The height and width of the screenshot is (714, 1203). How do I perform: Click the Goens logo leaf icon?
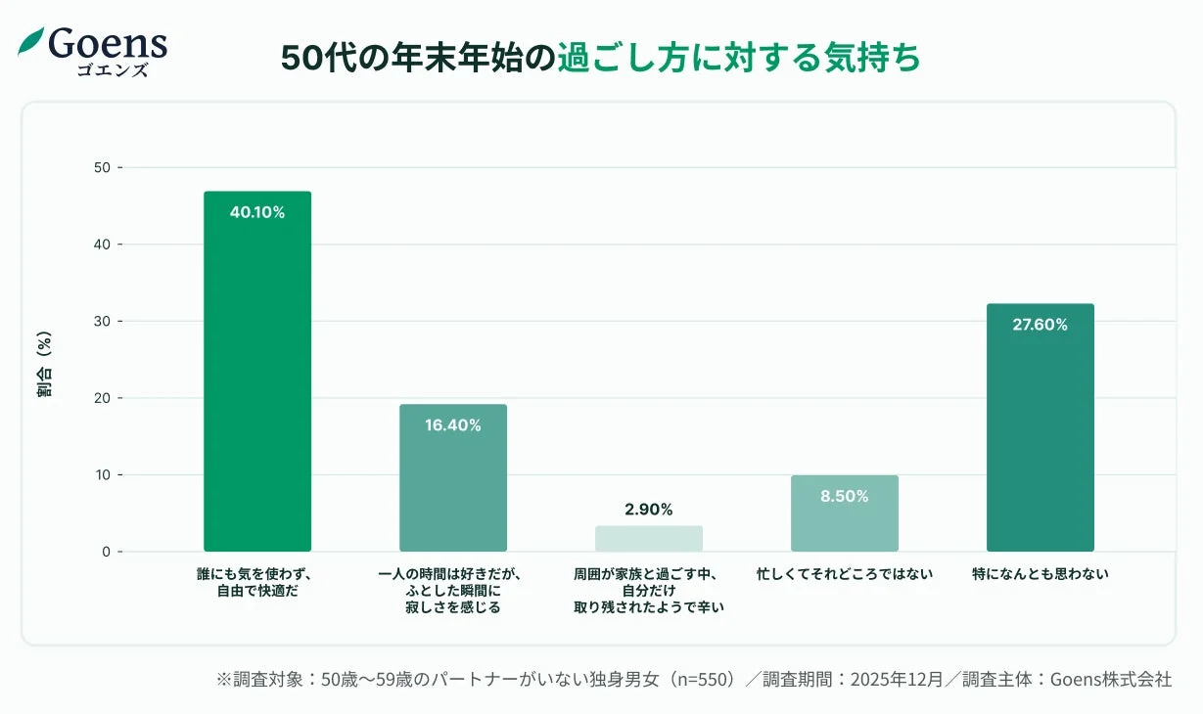coord(32,41)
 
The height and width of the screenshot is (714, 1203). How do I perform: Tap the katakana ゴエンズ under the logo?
coord(113,70)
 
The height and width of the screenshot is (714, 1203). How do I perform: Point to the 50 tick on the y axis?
coord(102,168)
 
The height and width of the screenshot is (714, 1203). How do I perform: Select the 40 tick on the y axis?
coord(102,245)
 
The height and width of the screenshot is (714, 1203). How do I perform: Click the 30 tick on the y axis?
coord(102,322)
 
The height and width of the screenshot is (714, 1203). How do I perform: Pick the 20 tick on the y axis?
coord(102,398)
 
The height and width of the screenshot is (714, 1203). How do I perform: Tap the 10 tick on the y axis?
coord(102,475)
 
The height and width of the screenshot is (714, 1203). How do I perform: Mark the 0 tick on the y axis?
coord(106,552)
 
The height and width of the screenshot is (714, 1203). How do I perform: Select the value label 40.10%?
coord(257,212)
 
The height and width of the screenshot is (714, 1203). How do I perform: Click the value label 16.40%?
coord(453,425)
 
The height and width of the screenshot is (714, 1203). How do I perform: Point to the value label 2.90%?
coord(649,510)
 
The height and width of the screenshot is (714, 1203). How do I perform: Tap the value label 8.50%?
coord(845,496)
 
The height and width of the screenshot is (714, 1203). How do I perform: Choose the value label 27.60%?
coord(1040,325)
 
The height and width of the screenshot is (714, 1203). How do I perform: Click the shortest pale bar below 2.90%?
coord(649,539)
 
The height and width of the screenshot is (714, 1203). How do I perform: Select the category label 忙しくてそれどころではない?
coord(845,574)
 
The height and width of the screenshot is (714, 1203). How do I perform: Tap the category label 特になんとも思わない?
coord(1040,574)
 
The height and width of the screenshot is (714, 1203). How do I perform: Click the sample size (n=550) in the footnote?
coord(698,680)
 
